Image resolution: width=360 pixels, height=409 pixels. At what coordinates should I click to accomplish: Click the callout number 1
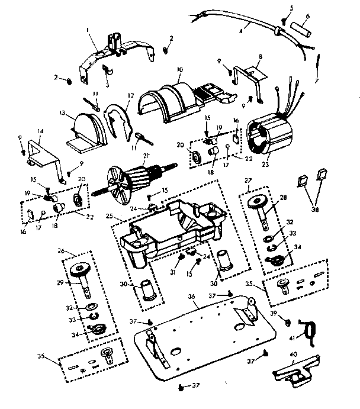coord(86,29)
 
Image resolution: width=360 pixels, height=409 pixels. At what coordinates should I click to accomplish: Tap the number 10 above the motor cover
coord(179,70)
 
